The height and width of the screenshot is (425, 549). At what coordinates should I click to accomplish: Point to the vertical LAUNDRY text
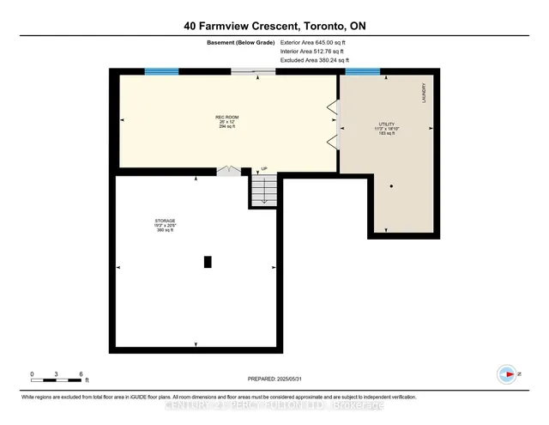coord(424,94)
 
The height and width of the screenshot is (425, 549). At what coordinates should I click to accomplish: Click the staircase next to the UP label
coord(264,190)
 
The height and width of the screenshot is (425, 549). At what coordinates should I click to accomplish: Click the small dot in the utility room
coord(391,186)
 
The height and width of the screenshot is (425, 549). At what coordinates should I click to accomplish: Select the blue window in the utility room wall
coord(362,72)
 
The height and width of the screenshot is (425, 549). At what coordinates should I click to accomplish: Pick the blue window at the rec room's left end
coord(155,72)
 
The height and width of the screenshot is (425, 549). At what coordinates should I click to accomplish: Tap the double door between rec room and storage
coord(226,172)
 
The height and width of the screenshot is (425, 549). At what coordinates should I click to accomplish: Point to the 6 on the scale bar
coord(81,373)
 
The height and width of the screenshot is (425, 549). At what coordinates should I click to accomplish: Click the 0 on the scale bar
coord(32,373)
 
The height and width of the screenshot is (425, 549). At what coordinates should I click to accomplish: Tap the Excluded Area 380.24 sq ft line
coord(315,61)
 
